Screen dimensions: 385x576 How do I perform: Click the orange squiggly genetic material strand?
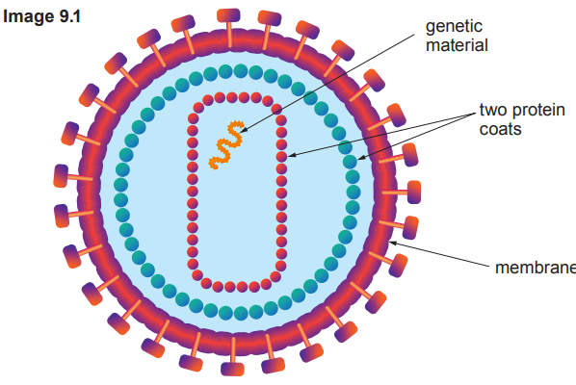click(226, 147)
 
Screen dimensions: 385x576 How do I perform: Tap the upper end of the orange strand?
click(232, 125)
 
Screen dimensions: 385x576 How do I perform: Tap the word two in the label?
click(492, 110)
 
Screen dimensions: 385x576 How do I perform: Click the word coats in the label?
click(500, 128)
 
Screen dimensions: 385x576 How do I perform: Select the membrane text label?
click(535, 266)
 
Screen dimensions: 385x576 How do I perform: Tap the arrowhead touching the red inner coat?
click(289, 154)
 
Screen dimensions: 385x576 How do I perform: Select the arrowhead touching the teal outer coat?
click(361, 157)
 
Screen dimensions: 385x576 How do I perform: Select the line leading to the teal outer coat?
click(419, 136)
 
